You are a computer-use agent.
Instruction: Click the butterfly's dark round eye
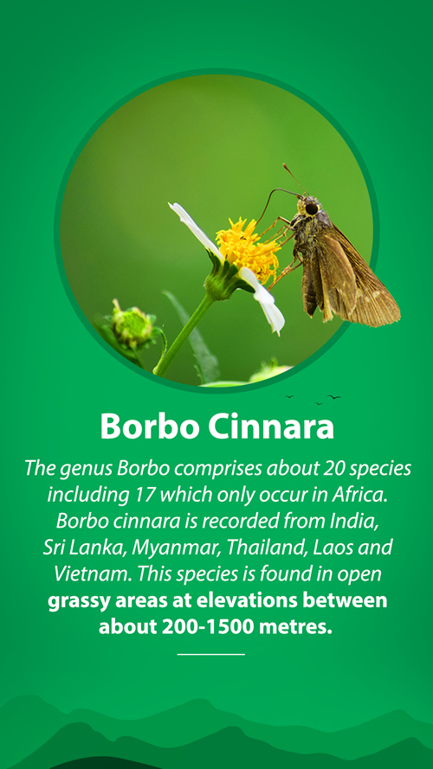tap(311, 208)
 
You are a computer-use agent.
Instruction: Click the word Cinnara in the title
tap(270, 426)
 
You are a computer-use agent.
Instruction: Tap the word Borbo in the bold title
tap(150, 426)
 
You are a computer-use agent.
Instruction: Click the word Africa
tap(360, 495)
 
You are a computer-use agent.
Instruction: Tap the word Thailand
tap(267, 548)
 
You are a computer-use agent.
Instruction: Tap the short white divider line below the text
tap(211, 654)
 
